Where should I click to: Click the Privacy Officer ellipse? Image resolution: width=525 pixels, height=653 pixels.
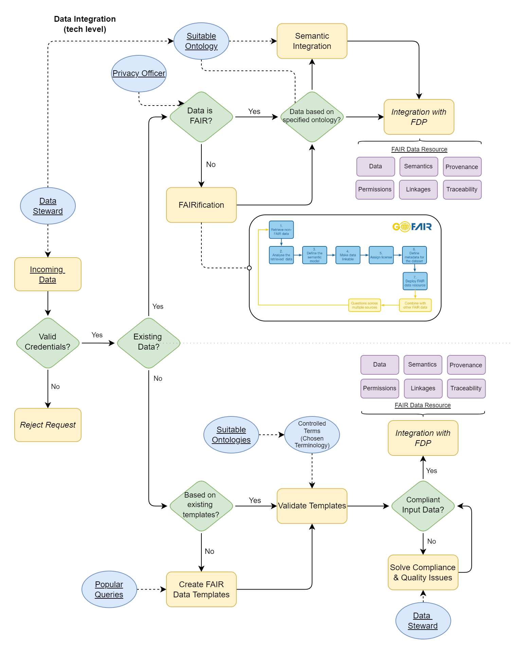tap(139, 74)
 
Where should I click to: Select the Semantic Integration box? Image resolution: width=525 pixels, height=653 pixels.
tap(312, 41)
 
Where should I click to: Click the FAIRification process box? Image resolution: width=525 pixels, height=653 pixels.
tap(201, 205)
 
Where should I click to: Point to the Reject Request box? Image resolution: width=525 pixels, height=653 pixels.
tap(48, 425)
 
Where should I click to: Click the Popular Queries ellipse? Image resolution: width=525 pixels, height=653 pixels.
tap(109, 589)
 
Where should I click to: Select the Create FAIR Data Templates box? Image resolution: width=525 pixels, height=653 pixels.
tap(201, 589)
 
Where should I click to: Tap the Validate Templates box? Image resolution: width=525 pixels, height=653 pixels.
tap(312, 506)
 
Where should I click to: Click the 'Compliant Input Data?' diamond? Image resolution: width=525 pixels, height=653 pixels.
tap(423, 506)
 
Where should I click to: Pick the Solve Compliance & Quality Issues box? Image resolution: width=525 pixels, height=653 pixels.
tap(423, 572)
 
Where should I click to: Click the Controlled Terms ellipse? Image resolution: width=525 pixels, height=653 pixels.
tap(312, 434)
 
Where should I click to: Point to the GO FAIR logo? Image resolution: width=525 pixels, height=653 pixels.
tap(412, 226)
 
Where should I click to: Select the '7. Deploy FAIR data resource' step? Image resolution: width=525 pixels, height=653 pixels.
tap(415, 281)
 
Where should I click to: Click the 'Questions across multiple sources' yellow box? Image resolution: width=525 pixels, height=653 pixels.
tap(364, 305)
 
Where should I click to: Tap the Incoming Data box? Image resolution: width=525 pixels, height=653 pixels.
tap(48, 274)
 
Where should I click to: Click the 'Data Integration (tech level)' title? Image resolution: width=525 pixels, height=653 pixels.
tap(85, 24)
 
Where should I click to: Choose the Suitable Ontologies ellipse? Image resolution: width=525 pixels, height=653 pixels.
tap(231, 434)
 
